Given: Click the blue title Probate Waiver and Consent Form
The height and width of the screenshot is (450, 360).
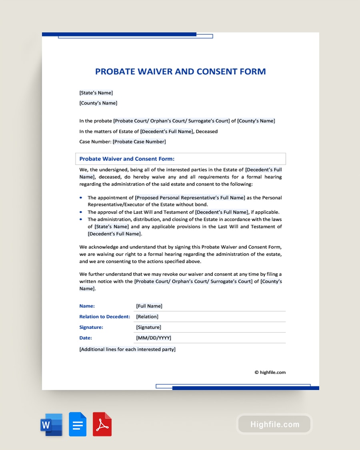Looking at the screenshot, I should click(180, 72).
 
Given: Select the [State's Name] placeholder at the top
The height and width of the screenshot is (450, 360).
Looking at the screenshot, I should click(96, 93).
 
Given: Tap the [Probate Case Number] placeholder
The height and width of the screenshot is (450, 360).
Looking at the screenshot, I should click(139, 142).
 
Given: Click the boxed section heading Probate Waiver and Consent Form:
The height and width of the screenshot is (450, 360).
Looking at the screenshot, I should click(127, 159).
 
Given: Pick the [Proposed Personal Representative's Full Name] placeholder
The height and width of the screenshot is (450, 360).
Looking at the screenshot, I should click(190, 198).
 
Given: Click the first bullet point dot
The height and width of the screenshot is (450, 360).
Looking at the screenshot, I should click(81, 198).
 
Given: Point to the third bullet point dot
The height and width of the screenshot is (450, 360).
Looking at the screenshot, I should click(81, 219).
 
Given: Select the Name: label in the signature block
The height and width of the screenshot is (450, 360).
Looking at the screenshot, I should click(87, 306).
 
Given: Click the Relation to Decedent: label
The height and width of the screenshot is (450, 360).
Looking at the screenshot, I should click(105, 316).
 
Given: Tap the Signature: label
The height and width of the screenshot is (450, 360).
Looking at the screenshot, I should click(91, 327).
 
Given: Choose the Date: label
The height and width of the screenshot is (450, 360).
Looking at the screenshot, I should click(86, 338).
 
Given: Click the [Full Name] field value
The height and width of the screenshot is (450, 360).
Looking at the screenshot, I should click(149, 306).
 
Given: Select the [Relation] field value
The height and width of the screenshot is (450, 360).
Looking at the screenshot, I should click(147, 316).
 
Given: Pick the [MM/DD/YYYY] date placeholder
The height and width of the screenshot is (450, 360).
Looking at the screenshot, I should click(154, 338).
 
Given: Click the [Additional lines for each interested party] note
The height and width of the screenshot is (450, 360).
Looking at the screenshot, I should click(127, 349).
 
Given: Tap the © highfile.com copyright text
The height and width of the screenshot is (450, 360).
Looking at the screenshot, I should click(270, 372).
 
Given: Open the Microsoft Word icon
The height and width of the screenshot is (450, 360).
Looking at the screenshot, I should click(52, 424).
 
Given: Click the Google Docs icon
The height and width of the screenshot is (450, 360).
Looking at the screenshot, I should click(78, 424).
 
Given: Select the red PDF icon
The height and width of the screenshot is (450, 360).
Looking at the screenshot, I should click(102, 424).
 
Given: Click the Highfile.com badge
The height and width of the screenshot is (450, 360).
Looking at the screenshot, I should click(274, 424).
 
